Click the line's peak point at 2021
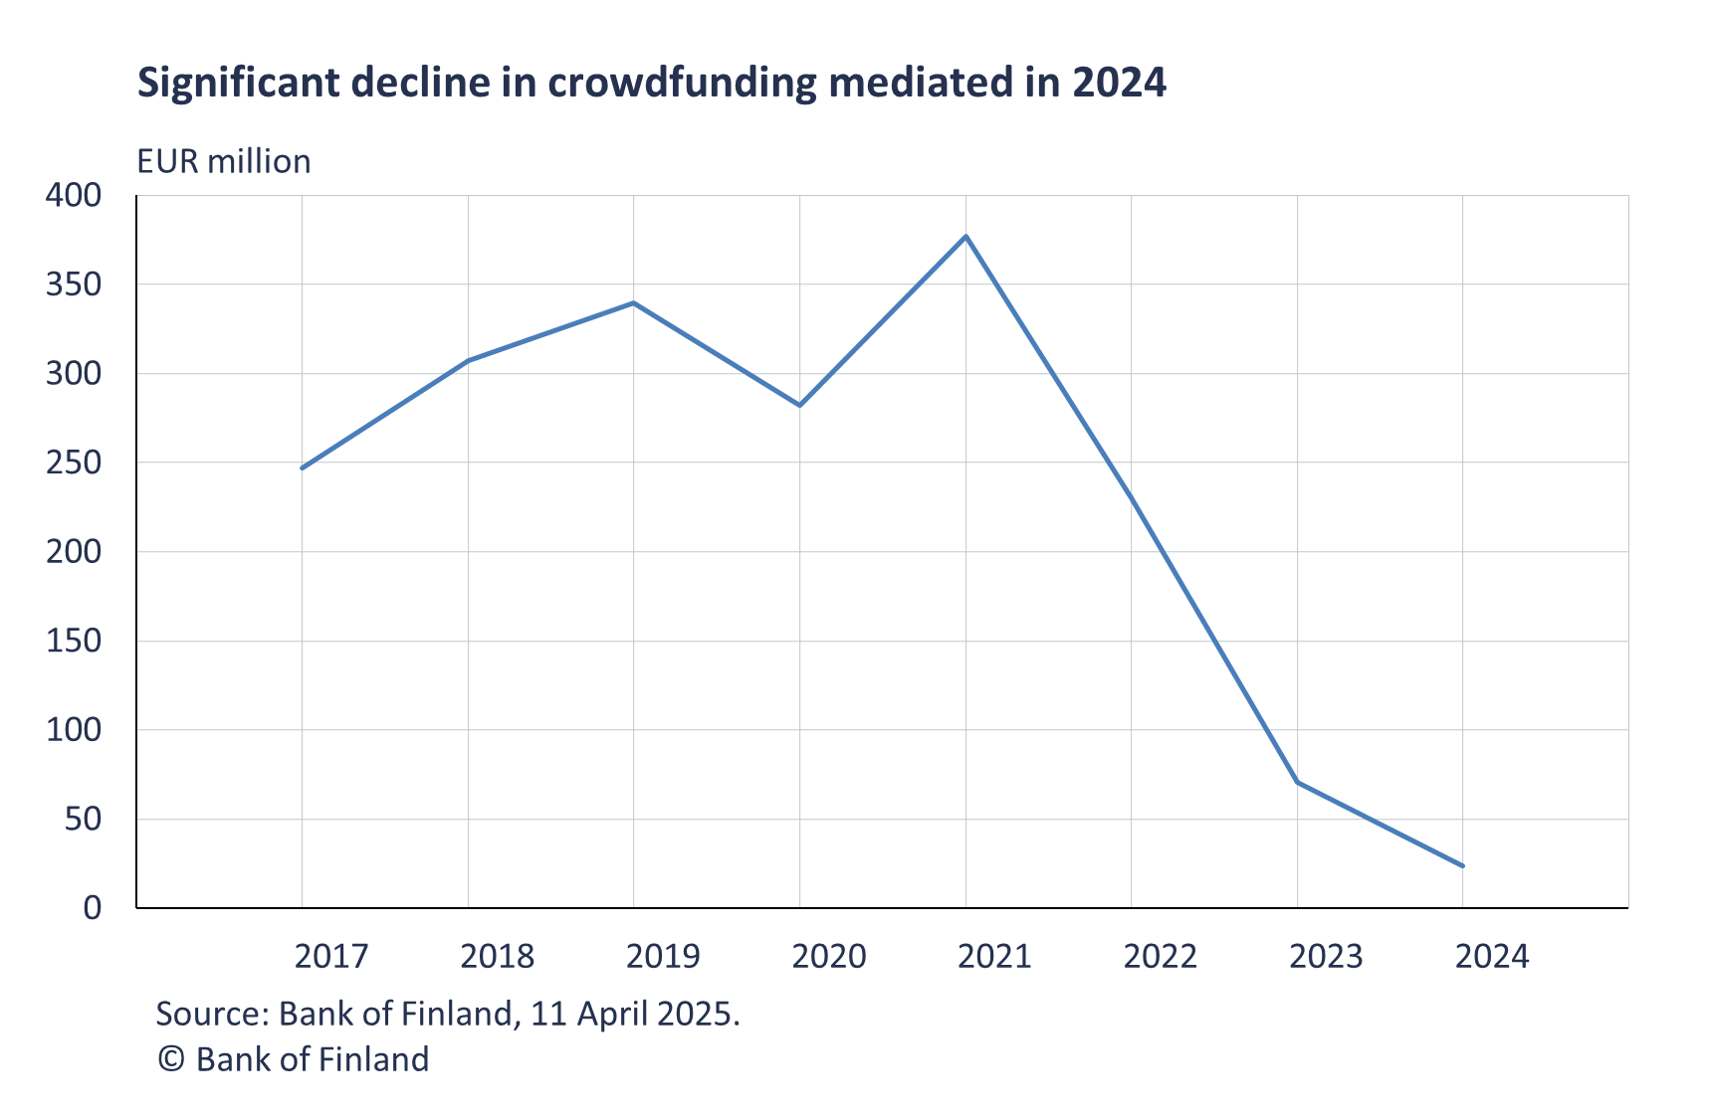pos(965,236)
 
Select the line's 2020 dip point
pos(799,406)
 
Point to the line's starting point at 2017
pos(303,467)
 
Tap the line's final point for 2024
pos(1462,866)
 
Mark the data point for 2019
pos(634,302)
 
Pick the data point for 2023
pos(1297,782)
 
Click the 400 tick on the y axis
pos(74,195)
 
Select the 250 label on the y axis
pos(74,463)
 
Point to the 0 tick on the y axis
pos(92,907)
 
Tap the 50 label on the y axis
pos(83,819)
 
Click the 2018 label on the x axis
pos(497,956)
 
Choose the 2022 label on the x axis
pos(1160,956)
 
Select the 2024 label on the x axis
pos(1491,956)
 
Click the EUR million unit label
pos(224,161)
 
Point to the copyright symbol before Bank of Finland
pos(171,1059)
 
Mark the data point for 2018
pos(468,360)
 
